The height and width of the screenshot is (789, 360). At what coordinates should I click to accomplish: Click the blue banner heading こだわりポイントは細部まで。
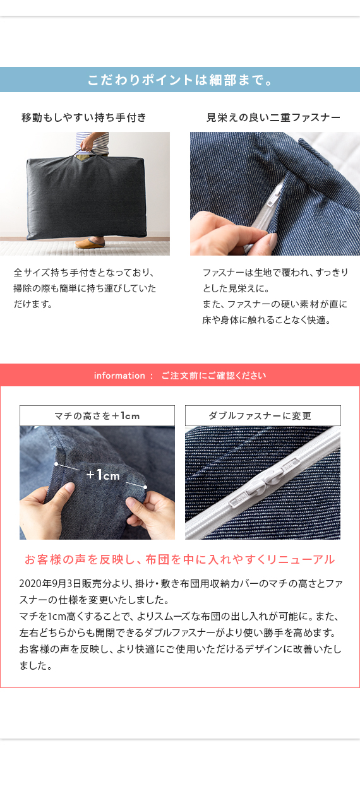(180, 80)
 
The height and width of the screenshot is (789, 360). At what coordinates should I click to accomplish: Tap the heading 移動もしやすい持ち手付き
(84, 117)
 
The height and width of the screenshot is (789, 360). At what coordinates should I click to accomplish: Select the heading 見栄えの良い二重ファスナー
(273, 117)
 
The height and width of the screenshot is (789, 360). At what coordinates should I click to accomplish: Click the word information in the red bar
(119, 376)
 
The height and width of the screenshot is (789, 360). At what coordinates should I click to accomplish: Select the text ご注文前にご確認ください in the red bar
(213, 376)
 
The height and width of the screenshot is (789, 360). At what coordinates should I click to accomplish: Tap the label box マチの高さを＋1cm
(97, 415)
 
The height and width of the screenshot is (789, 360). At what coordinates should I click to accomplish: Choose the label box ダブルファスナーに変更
(263, 415)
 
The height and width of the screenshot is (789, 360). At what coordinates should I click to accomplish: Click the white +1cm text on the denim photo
(103, 475)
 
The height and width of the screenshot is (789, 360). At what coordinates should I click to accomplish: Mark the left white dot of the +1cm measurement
(56, 464)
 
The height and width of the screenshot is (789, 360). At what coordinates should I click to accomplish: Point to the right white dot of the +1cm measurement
(145, 487)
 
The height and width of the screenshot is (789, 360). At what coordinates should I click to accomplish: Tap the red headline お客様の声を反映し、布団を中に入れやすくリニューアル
(180, 559)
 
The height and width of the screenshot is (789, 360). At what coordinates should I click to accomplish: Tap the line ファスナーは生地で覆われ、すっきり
(275, 272)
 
